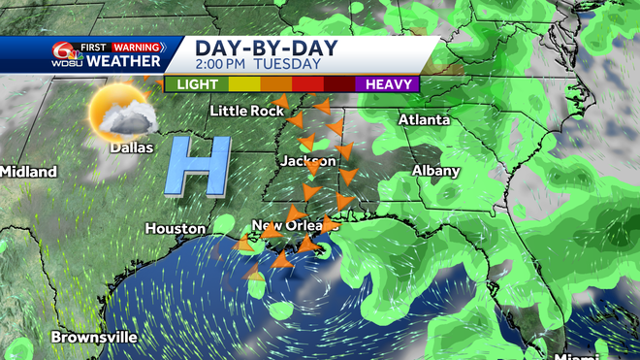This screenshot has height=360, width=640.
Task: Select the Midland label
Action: coord(28,172)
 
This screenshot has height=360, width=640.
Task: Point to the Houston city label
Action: coord(176,229)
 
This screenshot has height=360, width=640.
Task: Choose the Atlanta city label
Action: coord(425,120)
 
